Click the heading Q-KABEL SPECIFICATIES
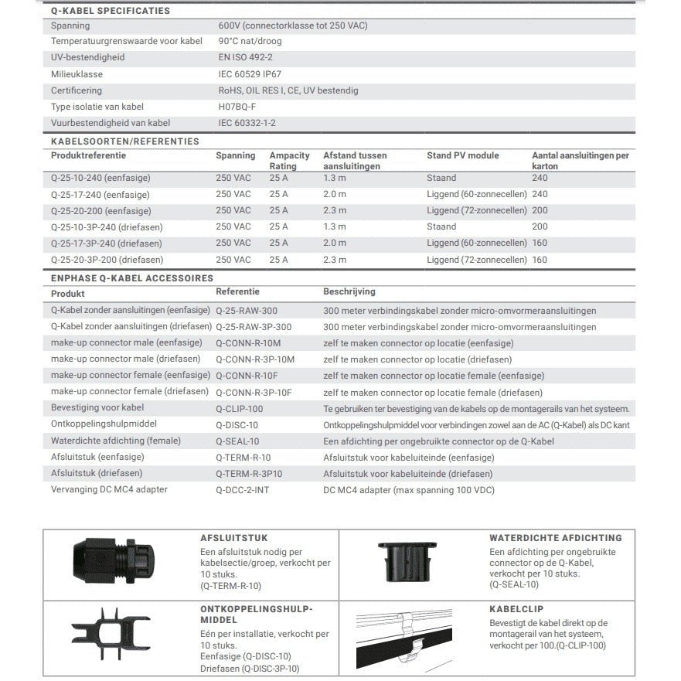(110, 11)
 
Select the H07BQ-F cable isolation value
(237, 107)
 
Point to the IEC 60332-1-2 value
(247, 123)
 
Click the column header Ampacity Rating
(291, 161)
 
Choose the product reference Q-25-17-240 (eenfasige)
(100, 195)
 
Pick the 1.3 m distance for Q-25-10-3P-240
(334, 227)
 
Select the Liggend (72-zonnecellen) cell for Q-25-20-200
(476, 210)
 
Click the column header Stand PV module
(462, 156)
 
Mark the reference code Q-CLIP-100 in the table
(239, 408)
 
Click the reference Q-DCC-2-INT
(242, 489)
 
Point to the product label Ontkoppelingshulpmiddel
(104, 424)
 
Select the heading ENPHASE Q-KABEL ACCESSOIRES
(131, 278)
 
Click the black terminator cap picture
(114, 562)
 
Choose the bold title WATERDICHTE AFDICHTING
(555, 538)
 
